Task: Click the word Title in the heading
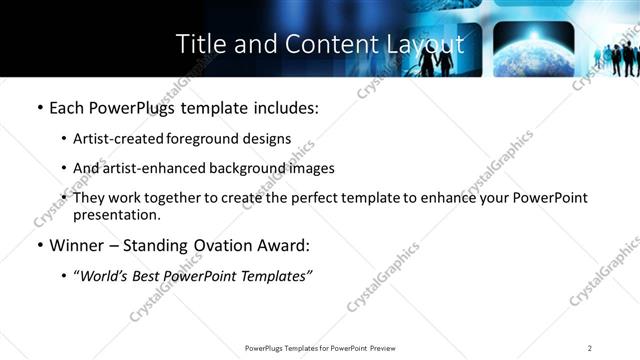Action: pos(199,44)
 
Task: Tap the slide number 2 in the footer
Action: pos(590,348)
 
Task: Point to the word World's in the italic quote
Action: pos(106,275)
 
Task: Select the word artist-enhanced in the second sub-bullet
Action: pos(152,168)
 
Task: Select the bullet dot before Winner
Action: pos(40,245)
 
